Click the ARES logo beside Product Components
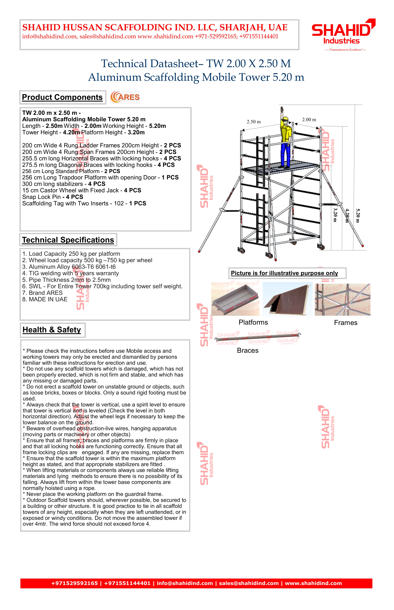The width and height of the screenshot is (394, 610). pos(125,97)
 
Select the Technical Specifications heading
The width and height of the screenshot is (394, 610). pos(68,240)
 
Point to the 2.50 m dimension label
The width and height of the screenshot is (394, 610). pos(254,122)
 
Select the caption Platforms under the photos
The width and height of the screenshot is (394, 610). pos(253,322)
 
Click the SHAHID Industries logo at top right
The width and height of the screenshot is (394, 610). pos(343,32)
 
